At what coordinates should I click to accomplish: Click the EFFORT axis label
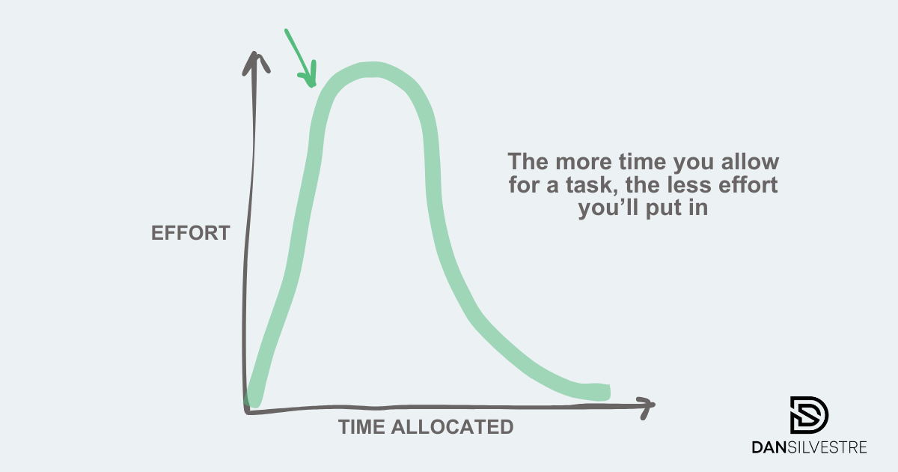pyautogui.click(x=190, y=233)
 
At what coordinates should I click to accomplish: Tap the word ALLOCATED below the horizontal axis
pyautogui.click(x=452, y=426)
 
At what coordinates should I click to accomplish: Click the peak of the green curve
pyautogui.click(x=372, y=70)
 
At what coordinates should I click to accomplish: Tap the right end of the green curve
pyautogui.click(x=608, y=392)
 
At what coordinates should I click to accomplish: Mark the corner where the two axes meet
pyautogui.click(x=246, y=411)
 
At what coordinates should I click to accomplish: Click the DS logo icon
pyautogui.click(x=809, y=415)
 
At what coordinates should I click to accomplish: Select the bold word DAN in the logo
pyautogui.click(x=769, y=447)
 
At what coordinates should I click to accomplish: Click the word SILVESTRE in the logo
pyautogui.click(x=827, y=447)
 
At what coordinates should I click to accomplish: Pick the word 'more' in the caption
pyautogui.click(x=584, y=163)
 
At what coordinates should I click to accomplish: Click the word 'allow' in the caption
pyautogui.click(x=750, y=161)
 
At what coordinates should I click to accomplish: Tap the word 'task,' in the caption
pyautogui.click(x=590, y=185)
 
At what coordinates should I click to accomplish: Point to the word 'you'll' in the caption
pyautogui.click(x=608, y=209)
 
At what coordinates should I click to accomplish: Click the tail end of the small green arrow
pyautogui.click(x=286, y=30)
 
